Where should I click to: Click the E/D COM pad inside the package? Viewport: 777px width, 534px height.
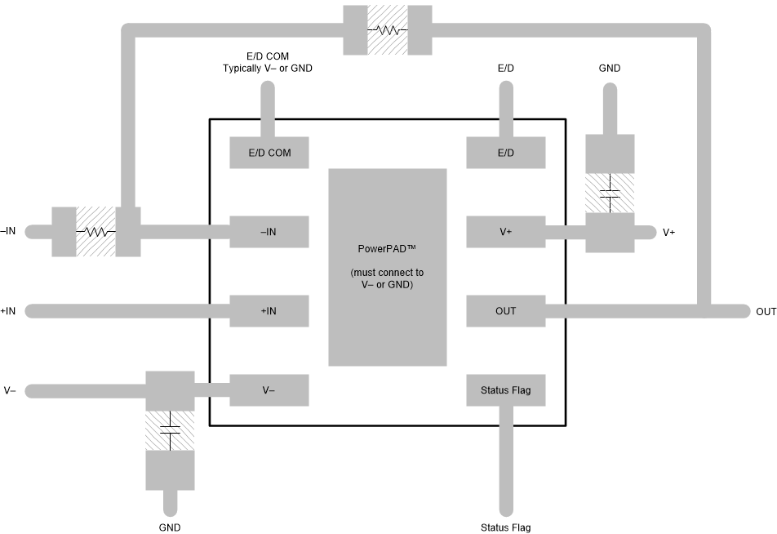(269, 153)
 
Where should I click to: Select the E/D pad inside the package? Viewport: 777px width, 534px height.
(505, 153)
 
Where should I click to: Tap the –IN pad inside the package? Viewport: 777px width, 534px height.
(269, 232)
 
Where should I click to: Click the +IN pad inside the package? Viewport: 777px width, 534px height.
(269, 311)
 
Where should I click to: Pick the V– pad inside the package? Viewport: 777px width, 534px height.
(269, 390)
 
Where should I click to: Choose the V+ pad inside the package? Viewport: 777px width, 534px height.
(505, 232)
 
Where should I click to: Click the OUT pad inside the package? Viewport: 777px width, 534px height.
(505, 311)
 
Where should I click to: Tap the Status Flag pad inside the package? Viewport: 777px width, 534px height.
(505, 390)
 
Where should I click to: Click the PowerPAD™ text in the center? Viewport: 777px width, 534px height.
(387, 249)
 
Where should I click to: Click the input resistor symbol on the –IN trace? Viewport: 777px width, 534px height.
(95, 231)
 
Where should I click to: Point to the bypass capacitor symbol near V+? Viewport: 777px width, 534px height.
(610, 194)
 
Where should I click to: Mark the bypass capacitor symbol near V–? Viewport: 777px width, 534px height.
(170, 430)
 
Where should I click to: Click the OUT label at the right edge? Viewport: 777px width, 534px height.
(766, 312)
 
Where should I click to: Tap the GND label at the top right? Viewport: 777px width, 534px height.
(609, 69)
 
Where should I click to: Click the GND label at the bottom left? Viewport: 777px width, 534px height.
(170, 527)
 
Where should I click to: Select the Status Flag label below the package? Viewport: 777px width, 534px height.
(505, 527)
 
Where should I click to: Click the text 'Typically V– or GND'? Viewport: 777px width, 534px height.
(267, 69)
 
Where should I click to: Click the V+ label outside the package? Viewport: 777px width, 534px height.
(668, 233)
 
